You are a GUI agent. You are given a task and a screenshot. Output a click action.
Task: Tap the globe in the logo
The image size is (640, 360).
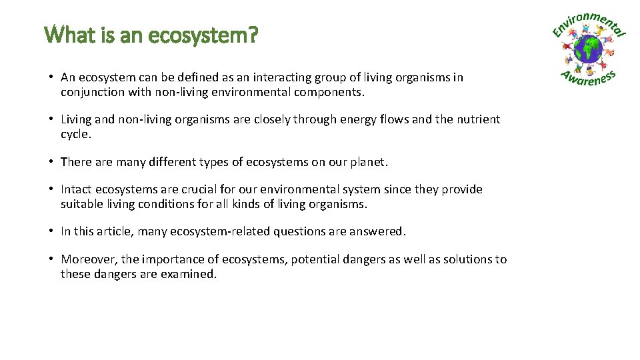pyautogui.click(x=589, y=49)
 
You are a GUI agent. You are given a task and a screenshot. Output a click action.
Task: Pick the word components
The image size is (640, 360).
pyautogui.click(x=330, y=93)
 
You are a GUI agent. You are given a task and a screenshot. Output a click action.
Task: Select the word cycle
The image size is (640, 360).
pyautogui.click(x=75, y=134)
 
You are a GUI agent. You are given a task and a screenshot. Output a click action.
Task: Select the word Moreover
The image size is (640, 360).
pyautogui.click(x=89, y=260)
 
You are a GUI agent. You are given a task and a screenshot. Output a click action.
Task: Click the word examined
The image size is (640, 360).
pyautogui.click(x=189, y=274)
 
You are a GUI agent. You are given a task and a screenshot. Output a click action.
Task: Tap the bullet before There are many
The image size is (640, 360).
pyautogui.click(x=51, y=162)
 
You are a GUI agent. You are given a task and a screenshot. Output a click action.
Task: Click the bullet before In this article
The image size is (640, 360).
pyautogui.click(x=51, y=232)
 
